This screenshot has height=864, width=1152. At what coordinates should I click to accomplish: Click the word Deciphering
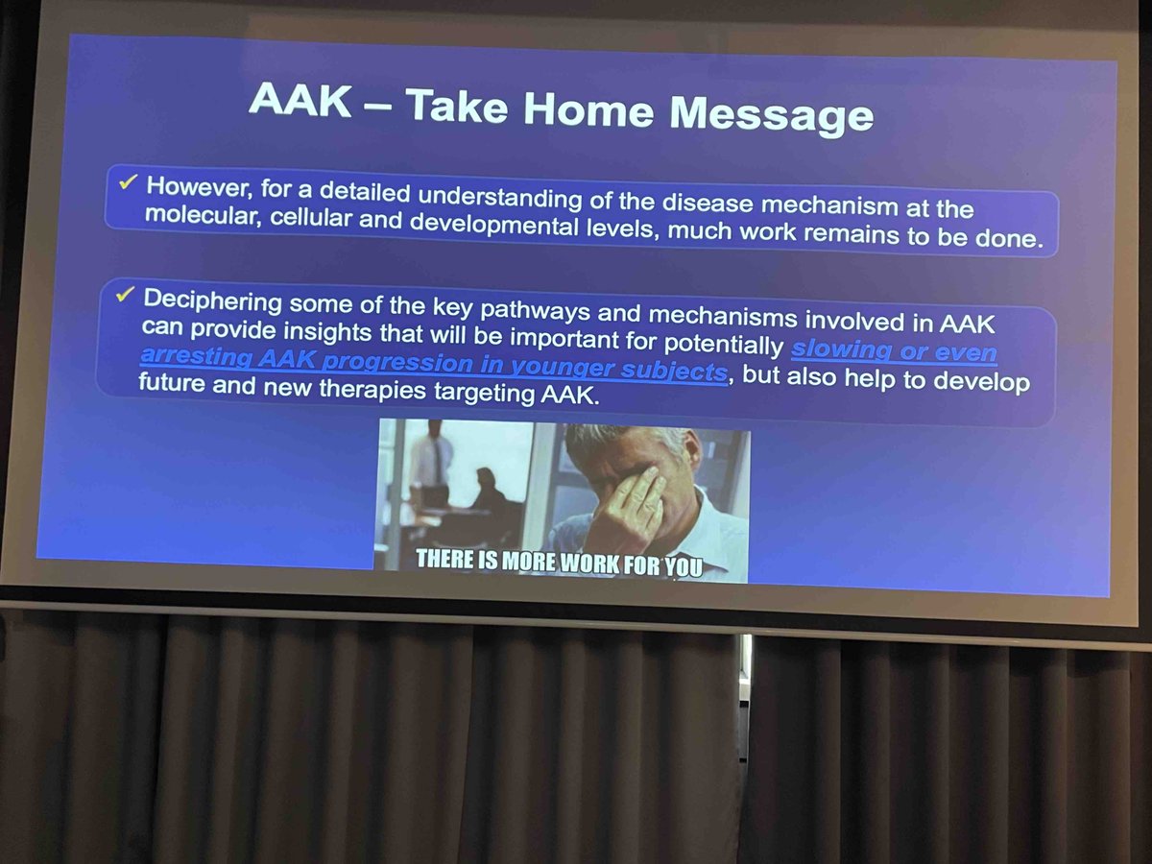tap(213, 300)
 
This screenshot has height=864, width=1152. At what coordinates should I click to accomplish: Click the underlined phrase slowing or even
tap(894, 351)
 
